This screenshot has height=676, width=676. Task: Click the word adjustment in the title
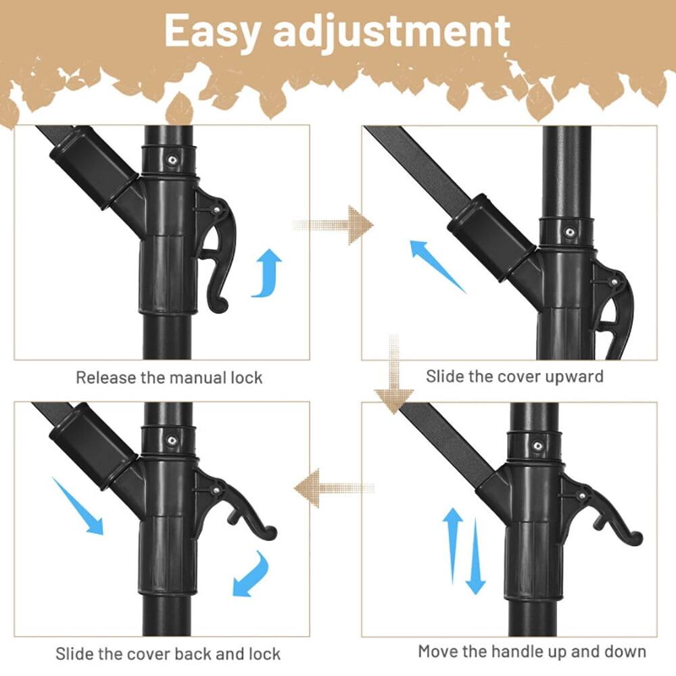coord(393,31)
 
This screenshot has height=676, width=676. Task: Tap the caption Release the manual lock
coord(168,377)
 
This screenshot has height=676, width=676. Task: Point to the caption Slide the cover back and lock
coord(168,654)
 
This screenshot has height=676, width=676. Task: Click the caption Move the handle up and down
coord(532,652)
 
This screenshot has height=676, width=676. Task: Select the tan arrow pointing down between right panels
coord(394,379)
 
